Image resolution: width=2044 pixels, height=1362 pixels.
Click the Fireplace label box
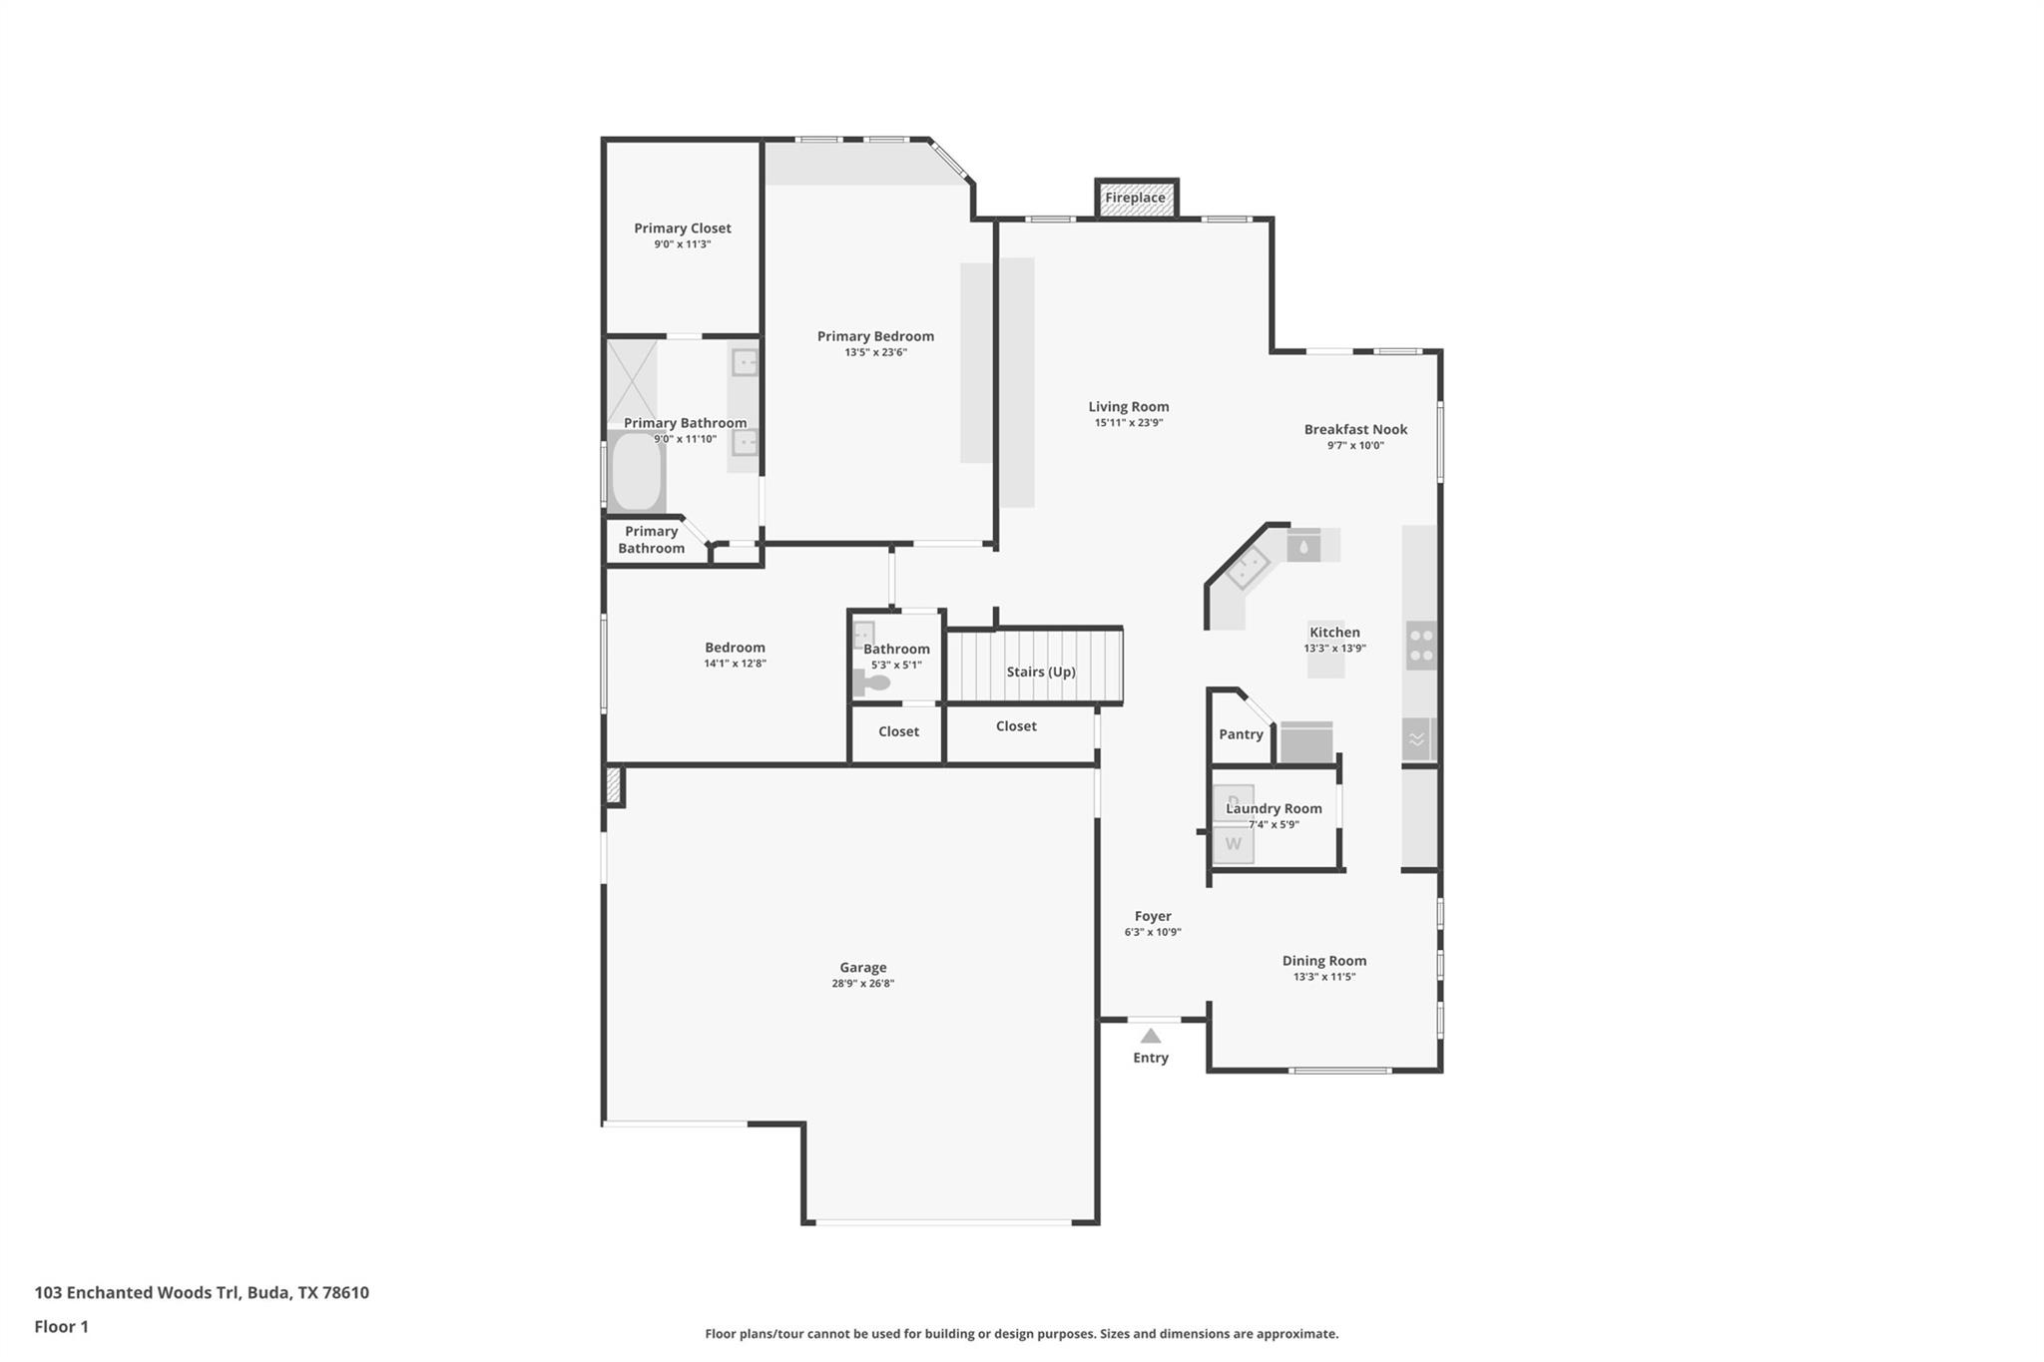coord(1136,198)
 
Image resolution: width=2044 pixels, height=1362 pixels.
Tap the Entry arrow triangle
coord(1151,1037)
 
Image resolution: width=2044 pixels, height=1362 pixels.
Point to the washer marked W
coord(1234,844)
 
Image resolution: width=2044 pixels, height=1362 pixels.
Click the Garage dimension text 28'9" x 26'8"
coord(863,984)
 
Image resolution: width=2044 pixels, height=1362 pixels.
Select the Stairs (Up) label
coord(1041,672)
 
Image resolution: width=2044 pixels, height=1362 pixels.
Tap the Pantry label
coord(1241,734)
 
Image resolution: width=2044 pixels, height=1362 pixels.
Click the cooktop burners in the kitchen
coord(1421,646)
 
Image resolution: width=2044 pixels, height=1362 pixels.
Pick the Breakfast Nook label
coord(1355,430)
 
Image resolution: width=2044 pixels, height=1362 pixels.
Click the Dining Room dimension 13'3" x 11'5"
coord(1324,977)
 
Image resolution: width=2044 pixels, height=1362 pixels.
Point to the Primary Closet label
coord(683,228)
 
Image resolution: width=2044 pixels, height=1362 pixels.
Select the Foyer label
coord(1153,916)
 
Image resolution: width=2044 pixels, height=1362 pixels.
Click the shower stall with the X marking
coord(633,381)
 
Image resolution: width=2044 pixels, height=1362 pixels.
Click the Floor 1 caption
coord(62,1326)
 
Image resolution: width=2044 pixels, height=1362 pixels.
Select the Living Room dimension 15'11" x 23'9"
coord(1129,423)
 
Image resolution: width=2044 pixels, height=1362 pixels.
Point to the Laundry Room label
coord(1274,808)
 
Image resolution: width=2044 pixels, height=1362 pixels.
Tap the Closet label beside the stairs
coord(1016,726)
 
